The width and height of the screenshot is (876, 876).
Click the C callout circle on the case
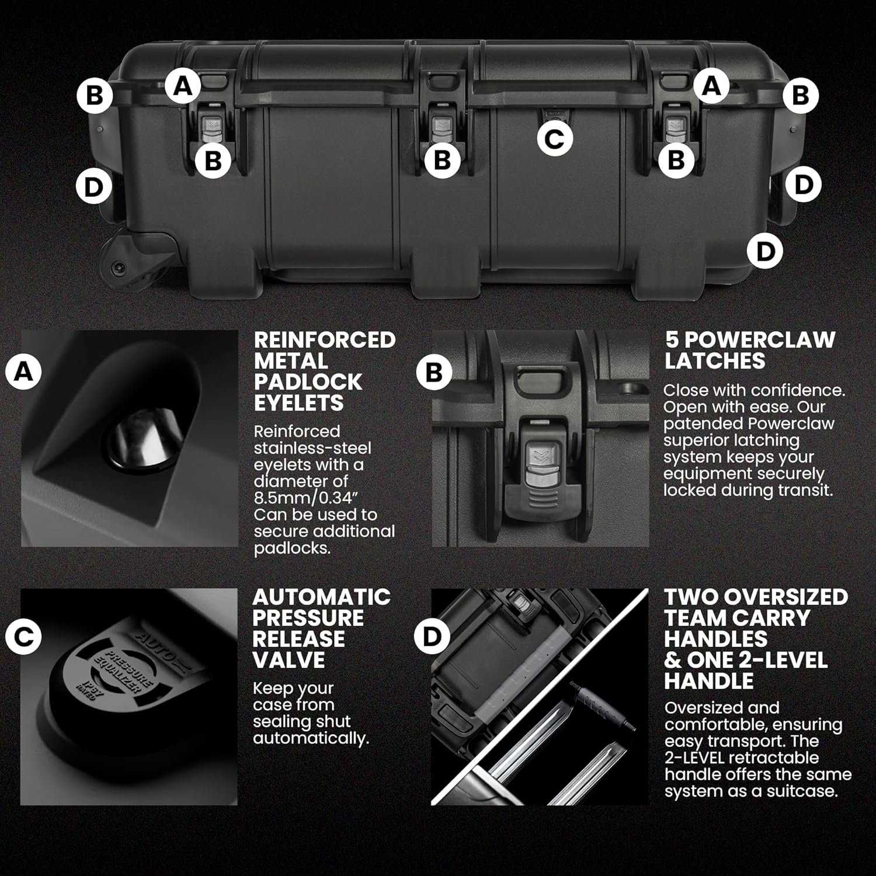(554, 138)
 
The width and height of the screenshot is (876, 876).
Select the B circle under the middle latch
(443, 159)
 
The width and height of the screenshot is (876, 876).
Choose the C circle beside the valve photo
(23, 636)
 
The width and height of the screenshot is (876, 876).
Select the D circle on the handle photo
(432, 636)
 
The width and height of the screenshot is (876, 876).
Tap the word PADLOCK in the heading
(308, 382)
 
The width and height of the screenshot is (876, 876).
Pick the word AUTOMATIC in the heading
(322, 597)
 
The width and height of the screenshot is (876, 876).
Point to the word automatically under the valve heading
(311, 739)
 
